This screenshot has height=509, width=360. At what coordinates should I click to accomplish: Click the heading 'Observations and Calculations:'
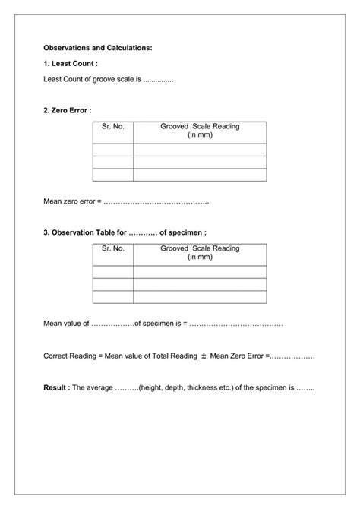(x=98, y=48)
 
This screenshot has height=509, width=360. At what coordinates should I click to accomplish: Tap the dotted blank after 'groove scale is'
(x=159, y=79)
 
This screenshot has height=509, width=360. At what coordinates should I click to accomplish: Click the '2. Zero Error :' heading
(x=68, y=111)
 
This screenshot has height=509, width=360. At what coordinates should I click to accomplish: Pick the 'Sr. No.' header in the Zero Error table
(x=112, y=126)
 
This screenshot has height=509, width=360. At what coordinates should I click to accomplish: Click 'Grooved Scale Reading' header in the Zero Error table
(x=200, y=126)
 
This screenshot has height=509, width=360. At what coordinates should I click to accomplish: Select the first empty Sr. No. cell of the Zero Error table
(x=112, y=150)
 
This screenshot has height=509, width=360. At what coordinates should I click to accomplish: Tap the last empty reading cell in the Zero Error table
(x=200, y=175)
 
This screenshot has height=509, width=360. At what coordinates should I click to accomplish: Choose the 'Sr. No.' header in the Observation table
(x=112, y=248)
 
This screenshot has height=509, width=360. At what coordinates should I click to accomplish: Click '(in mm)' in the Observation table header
(x=200, y=258)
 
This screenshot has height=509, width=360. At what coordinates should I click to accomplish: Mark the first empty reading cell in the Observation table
(x=200, y=272)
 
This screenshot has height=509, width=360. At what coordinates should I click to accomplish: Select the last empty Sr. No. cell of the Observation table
(x=112, y=296)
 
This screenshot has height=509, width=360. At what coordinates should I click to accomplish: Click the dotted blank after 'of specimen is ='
(x=236, y=323)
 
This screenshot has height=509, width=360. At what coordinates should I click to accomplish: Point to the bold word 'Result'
(x=55, y=387)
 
